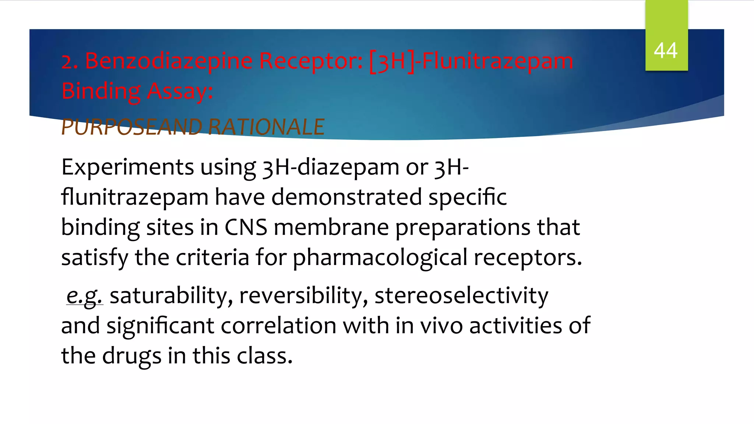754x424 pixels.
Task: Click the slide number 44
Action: click(x=666, y=50)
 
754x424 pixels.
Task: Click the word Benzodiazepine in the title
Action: click(x=169, y=61)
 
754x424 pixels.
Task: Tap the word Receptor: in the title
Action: click(x=311, y=61)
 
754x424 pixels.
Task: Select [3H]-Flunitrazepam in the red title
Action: click(x=471, y=61)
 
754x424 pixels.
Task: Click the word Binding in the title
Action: click(x=101, y=91)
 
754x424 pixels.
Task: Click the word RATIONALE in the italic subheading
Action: click(x=266, y=127)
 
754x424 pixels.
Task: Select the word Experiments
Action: click(x=127, y=167)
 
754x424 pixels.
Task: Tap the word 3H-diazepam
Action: click(x=331, y=168)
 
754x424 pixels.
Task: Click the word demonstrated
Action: click(x=346, y=197)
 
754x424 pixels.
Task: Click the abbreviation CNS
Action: click(x=246, y=227)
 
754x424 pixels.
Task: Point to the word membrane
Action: click(x=331, y=227)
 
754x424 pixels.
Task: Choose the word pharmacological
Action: click(x=380, y=258)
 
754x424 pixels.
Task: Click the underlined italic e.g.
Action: click(x=84, y=296)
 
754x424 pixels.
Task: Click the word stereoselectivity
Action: click(x=461, y=296)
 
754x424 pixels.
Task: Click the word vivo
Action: click(x=441, y=326)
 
